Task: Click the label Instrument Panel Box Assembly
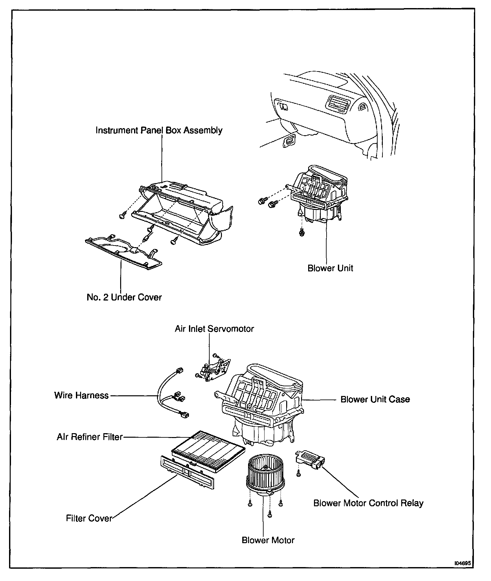(x=159, y=130)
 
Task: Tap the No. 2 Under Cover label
(x=124, y=297)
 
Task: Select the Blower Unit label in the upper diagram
(x=330, y=268)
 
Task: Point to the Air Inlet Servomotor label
(x=214, y=329)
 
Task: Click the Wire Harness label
(x=81, y=395)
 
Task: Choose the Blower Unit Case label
(x=375, y=399)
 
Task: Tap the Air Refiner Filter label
(x=90, y=437)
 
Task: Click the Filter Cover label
(x=89, y=518)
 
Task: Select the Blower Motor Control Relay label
(x=368, y=503)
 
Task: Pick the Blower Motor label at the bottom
(x=268, y=540)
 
